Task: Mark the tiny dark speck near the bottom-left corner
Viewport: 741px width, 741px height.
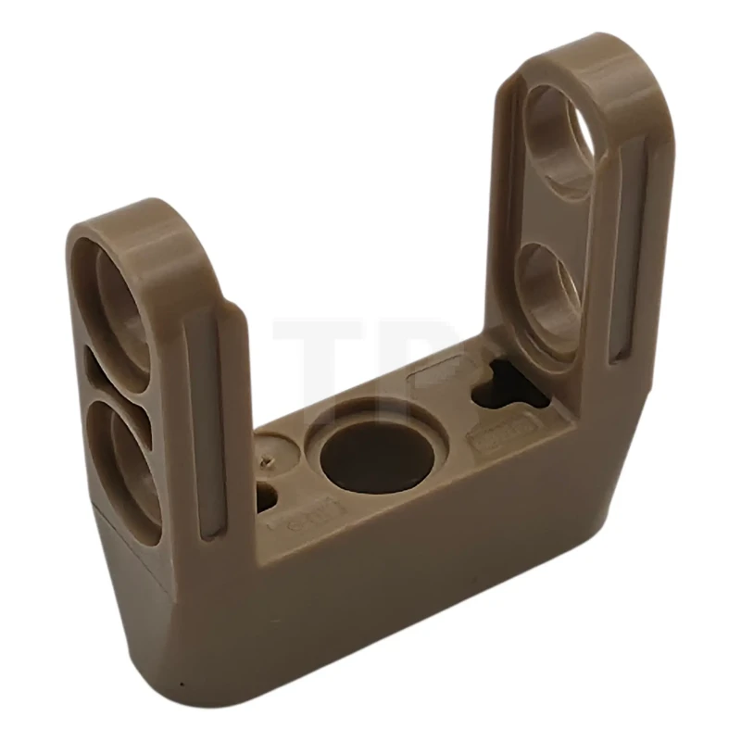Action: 182,685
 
